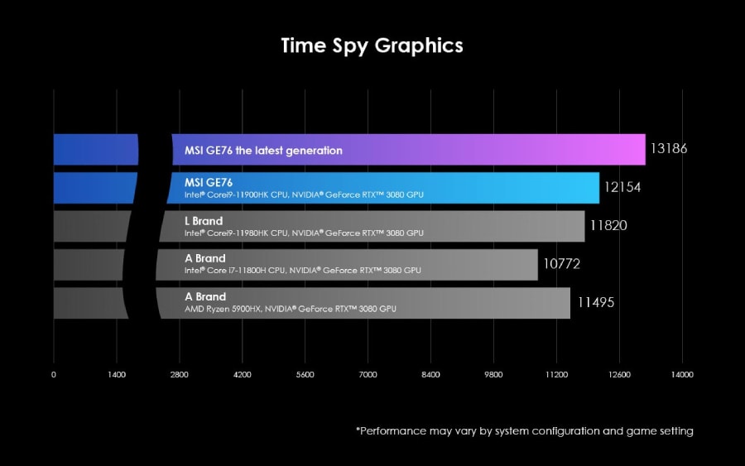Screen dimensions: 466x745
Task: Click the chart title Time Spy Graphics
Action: click(372, 45)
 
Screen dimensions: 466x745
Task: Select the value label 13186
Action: click(669, 149)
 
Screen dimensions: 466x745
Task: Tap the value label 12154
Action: click(622, 188)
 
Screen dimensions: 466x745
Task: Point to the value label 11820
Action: click(608, 225)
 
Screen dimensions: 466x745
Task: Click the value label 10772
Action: click(561, 265)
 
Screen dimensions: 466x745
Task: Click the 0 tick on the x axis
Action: click(54, 374)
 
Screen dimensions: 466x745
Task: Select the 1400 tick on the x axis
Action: click(117, 374)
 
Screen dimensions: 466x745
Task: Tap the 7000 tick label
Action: click(368, 374)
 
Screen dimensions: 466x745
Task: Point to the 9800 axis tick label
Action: click(493, 374)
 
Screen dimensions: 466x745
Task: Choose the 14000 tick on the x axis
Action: click(682, 374)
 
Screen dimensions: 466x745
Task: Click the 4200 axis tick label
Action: click(242, 374)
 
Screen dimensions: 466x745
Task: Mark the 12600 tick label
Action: click(619, 374)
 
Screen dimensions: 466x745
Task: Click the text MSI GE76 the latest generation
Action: click(263, 151)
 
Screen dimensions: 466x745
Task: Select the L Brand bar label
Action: click(204, 221)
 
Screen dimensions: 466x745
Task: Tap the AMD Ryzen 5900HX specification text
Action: click(291, 309)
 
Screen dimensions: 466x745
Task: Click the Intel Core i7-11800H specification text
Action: click(303, 271)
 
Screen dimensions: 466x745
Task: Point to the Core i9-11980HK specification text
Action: click(304, 233)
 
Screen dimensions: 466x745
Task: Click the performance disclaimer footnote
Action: click(525, 430)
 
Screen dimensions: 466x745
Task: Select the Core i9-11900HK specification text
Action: click(304, 195)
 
